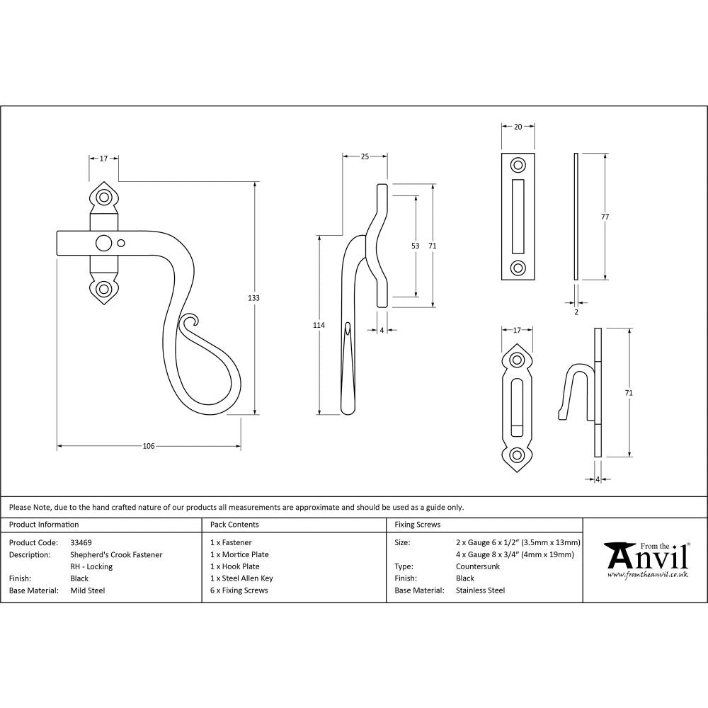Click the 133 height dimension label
coord(253,298)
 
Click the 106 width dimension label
coord(149,446)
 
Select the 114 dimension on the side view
coord(319,325)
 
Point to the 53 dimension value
coord(415,246)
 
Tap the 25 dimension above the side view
coord(365,156)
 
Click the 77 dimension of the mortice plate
coord(605,217)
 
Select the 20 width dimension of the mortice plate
coord(518,127)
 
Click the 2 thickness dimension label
coord(576,312)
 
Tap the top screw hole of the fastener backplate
coord(104,197)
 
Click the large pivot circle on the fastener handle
coord(104,243)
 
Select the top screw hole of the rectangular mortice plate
coord(518,166)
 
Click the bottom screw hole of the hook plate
coord(518,455)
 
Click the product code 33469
coord(81,543)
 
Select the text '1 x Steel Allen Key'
coord(241,578)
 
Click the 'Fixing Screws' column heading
coord(417,525)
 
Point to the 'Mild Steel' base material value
coord(88,590)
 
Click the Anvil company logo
coord(646,559)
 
